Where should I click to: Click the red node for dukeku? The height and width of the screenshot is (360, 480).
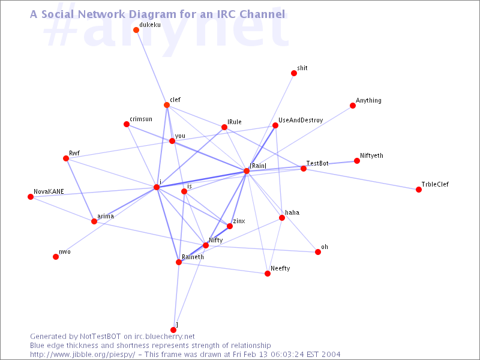[136, 30]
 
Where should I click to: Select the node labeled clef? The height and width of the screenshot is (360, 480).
[167, 105]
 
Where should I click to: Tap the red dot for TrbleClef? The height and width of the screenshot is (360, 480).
[419, 190]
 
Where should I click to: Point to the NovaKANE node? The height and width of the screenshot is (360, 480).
[31, 197]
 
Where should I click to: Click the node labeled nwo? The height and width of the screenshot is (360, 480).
[56, 257]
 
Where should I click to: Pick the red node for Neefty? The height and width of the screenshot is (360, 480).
[268, 274]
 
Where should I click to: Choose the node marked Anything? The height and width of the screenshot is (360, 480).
[353, 106]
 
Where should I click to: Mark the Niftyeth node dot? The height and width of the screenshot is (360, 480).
[357, 161]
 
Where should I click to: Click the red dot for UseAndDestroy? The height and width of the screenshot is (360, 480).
[275, 125]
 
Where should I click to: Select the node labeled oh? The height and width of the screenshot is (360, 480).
[318, 252]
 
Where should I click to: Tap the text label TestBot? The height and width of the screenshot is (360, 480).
[317, 163]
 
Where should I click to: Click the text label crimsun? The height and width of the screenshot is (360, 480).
[141, 119]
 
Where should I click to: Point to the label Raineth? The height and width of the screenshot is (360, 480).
[193, 257]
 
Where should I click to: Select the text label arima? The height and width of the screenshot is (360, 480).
[106, 216]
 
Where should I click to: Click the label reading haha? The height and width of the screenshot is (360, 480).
[292, 212]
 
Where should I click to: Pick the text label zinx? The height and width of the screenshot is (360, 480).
[239, 221]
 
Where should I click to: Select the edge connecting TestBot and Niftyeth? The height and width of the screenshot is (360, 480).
[330, 165]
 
